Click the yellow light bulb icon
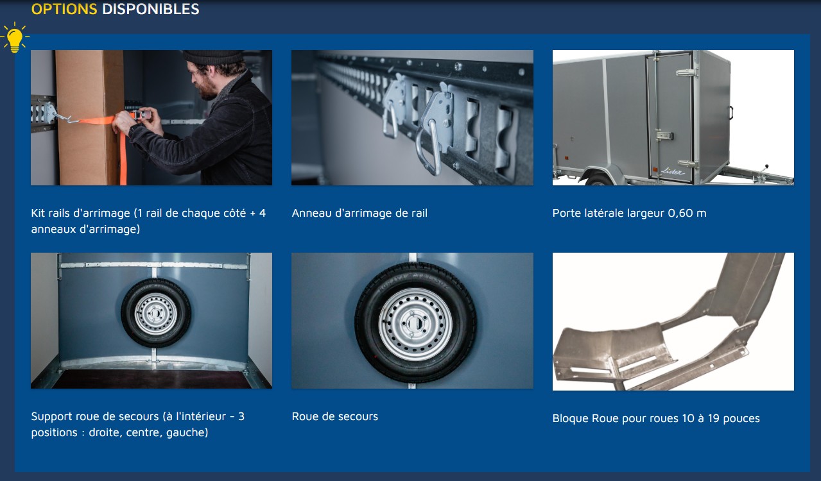(x=15, y=37)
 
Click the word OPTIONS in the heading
(x=64, y=9)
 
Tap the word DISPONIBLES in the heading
(x=151, y=9)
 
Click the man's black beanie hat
(x=212, y=56)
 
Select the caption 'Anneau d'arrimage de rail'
(x=359, y=213)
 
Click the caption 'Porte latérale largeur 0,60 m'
(x=629, y=213)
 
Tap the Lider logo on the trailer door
(x=673, y=171)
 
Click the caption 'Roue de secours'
(x=334, y=416)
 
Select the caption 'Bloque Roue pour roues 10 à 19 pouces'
(x=656, y=418)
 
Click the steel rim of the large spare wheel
(x=415, y=324)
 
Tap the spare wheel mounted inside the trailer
(x=156, y=312)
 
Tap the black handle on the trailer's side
(x=731, y=113)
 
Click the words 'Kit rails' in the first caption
(x=55, y=213)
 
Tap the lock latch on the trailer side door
(x=664, y=136)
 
